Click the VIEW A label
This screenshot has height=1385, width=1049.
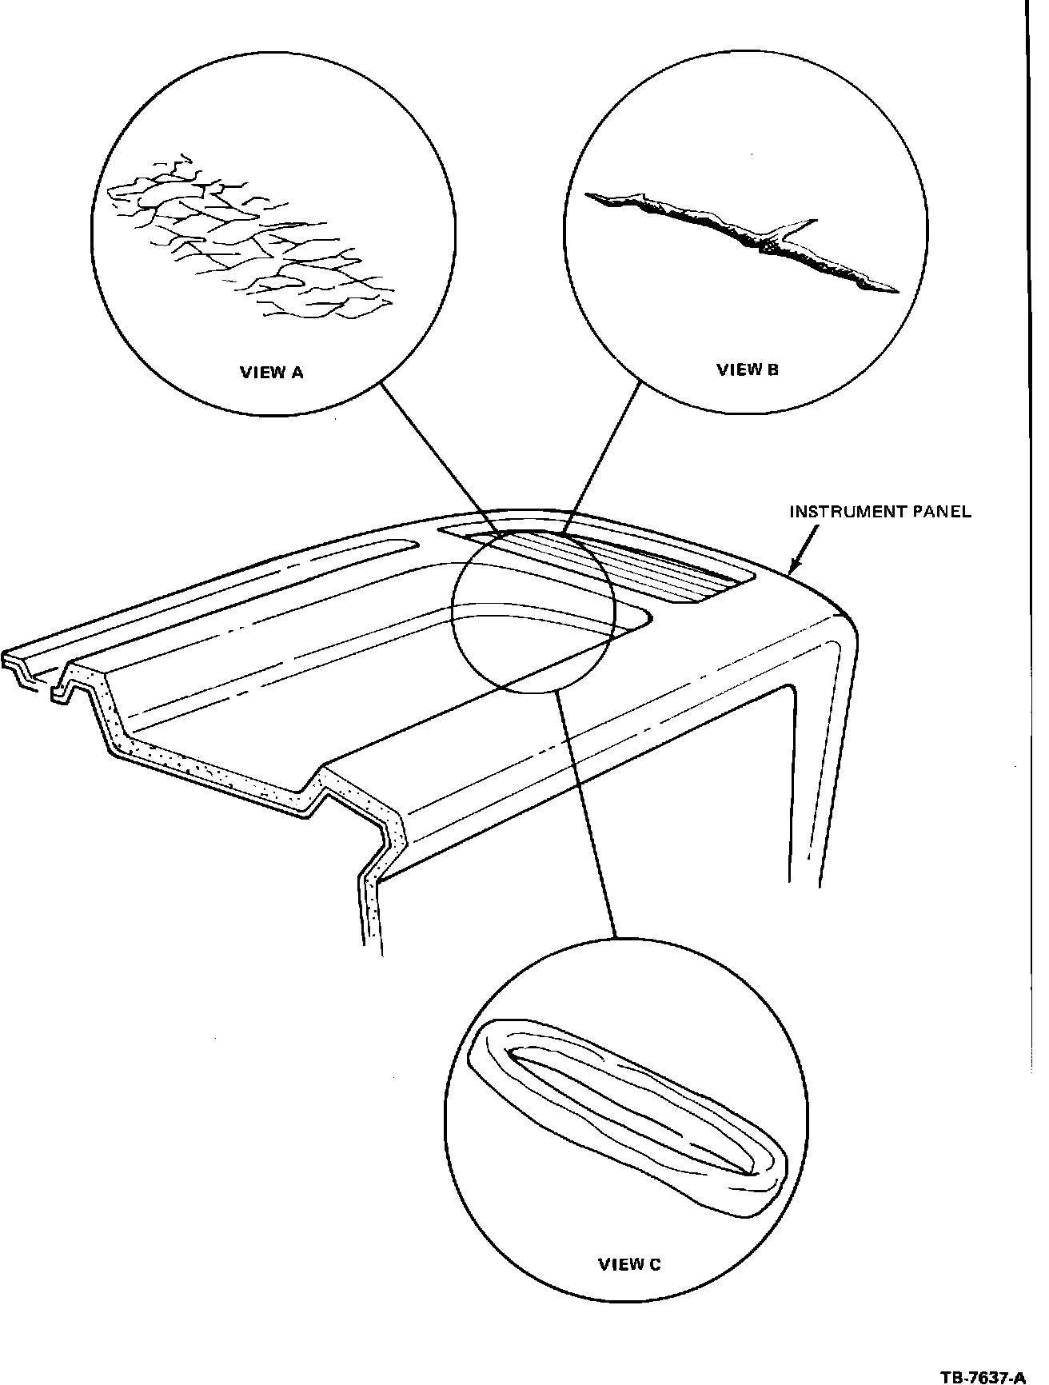[x=272, y=372]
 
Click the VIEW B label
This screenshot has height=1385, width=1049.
[x=747, y=369]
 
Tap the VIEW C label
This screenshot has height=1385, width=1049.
[x=629, y=1264]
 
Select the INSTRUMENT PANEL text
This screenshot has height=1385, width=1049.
[x=880, y=512]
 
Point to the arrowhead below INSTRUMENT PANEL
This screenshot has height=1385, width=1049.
[x=794, y=569]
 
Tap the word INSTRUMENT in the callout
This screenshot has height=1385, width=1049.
[x=848, y=512]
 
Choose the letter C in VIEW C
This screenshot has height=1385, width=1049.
[x=655, y=1264]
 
